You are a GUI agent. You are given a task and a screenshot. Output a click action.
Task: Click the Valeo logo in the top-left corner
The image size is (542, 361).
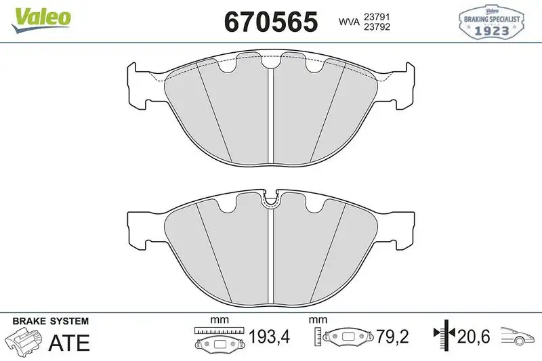(x=39, y=17)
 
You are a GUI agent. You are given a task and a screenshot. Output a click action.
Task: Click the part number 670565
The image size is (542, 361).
(x=270, y=22)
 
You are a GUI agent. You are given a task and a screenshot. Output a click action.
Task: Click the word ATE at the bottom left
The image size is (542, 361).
(x=68, y=342)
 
